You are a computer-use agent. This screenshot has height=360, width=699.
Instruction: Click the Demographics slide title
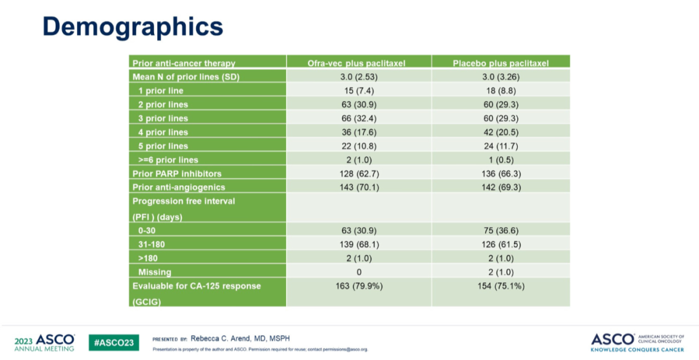pos(133,27)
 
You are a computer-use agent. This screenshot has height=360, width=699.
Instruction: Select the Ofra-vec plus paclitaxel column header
pos(356,63)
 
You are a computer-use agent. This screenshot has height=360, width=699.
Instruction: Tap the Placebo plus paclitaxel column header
pos(500,63)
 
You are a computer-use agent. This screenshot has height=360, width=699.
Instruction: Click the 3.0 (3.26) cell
pos(501,77)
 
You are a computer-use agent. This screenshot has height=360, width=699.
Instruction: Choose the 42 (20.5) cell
pos(501,132)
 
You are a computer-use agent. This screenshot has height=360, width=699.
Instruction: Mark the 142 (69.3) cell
pos(501,187)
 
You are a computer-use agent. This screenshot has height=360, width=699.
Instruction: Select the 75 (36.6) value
pos(501,231)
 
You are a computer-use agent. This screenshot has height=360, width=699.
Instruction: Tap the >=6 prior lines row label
pos(168,160)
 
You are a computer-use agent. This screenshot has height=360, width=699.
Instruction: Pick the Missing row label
pos(155,272)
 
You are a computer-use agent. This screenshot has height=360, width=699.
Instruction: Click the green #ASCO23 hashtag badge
pos(114,343)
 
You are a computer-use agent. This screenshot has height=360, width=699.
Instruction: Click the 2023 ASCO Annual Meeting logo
pos(45,343)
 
